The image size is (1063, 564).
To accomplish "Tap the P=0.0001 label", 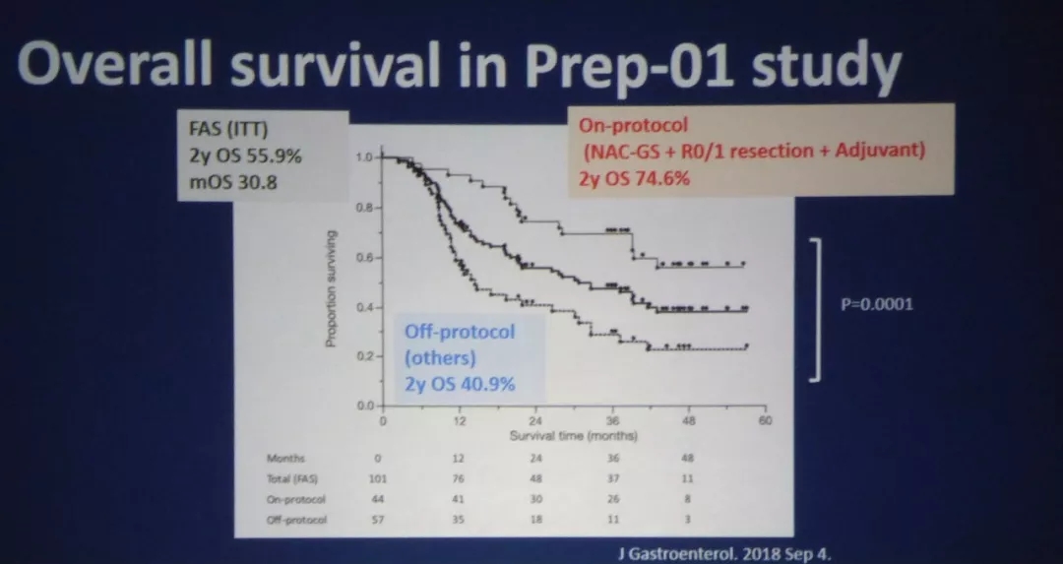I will (877, 304).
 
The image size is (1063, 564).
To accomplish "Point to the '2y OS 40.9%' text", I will (460, 383).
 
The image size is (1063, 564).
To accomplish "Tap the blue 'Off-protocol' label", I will (459, 332).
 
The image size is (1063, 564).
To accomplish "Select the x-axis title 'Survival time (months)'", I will (574, 434).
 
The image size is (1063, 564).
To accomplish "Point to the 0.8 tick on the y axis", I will (362, 208).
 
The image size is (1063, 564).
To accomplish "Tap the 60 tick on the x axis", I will (765, 420).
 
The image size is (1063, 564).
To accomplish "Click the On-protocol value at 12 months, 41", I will (459, 499).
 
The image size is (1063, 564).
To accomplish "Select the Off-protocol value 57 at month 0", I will (377, 518).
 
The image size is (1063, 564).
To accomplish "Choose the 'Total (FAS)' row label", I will (292, 478).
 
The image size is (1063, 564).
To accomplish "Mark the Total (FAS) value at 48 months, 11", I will (687, 478).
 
